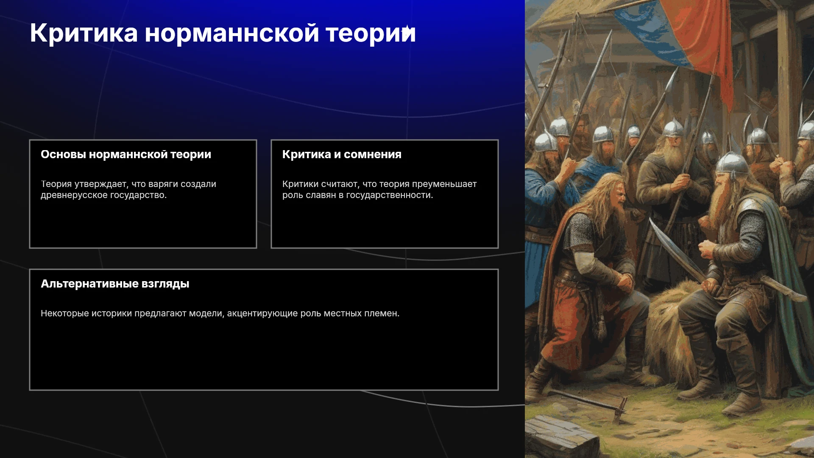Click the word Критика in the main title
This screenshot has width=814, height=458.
pos(84,33)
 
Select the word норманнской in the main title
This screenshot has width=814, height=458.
pos(232,33)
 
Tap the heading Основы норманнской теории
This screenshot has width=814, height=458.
pos(126,155)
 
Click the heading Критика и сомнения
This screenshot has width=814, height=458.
pos(342,155)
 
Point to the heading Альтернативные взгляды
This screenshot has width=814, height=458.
pos(115,284)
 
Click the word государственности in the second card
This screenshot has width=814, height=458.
pos(390,195)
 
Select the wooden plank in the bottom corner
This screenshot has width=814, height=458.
pos(560,437)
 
